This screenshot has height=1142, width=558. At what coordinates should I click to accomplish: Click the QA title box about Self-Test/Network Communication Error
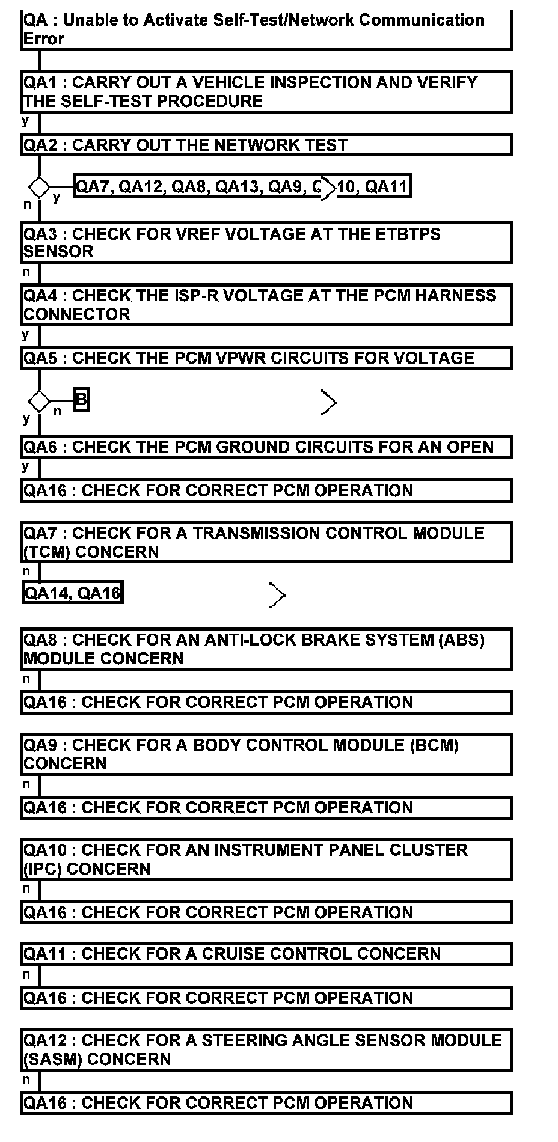click(266, 30)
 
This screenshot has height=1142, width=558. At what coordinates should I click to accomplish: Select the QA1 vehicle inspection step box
click(266, 91)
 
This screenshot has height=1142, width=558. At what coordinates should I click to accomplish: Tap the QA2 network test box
click(266, 145)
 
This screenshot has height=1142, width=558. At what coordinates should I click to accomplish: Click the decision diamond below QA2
click(40, 187)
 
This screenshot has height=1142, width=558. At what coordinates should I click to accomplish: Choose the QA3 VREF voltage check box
click(266, 242)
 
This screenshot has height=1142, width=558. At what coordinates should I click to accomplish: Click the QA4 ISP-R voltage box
click(266, 305)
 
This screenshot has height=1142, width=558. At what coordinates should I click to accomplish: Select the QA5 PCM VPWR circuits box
click(266, 358)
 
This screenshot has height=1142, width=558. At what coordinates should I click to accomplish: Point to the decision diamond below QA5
click(40, 401)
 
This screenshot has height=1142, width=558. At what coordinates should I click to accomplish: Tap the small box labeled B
click(81, 400)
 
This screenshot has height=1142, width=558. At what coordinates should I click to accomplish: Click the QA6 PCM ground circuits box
click(266, 447)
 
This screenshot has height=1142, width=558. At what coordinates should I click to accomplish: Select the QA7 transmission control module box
click(266, 542)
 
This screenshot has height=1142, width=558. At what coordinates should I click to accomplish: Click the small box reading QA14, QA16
click(72, 593)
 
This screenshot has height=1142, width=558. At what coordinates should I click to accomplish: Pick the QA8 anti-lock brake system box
click(266, 649)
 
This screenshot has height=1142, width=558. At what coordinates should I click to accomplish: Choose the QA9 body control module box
click(266, 754)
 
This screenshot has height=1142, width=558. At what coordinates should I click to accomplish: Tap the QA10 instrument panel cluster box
click(266, 859)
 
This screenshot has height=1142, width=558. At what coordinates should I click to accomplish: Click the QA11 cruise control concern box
click(266, 954)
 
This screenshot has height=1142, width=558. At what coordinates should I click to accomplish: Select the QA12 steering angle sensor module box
click(266, 1049)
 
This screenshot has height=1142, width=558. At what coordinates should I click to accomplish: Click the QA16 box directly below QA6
click(266, 490)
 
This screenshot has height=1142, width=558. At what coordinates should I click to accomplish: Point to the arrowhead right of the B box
click(329, 403)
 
